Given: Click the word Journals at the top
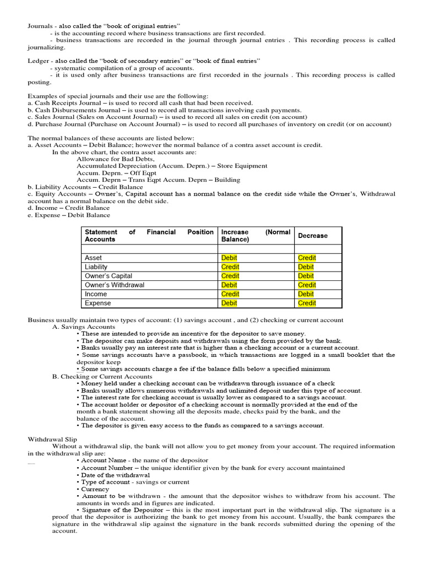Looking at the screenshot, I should pos(39,26).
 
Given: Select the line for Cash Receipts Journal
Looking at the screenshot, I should pos(140,103).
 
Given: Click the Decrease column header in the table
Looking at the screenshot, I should pos(312,236).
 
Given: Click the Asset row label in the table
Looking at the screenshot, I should pos(94,258).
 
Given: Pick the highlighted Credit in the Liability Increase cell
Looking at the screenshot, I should pos(230,267).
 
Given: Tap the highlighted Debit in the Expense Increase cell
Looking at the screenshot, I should pos(229,303).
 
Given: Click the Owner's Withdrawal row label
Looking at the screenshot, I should pos(115,285).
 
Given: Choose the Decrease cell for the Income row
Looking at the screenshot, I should pos(306,294).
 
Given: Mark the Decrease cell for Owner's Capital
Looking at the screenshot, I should pos(306,276).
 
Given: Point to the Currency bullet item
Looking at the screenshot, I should pos(95,489).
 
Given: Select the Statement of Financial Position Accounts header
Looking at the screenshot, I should pos(149,236).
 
